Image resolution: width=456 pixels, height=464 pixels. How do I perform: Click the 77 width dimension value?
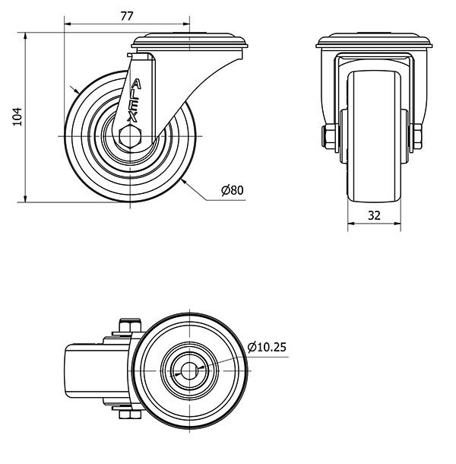pyautogui.click(x=127, y=16)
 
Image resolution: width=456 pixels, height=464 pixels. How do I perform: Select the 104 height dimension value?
pyautogui.click(x=17, y=116)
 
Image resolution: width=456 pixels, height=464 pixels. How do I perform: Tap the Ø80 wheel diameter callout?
pyautogui.click(x=233, y=190)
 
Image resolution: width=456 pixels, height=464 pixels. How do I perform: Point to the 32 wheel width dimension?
pyautogui.click(x=374, y=215)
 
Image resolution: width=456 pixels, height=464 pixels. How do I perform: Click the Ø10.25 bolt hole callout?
pyautogui.click(x=267, y=347)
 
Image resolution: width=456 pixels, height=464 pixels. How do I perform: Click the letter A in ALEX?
pyautogui.click(x=136, y=84)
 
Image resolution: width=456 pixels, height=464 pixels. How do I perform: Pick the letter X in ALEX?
pyautogui.click(x=132, y=117)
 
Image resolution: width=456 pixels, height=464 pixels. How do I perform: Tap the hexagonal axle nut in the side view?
pyautogui.click(x=130, y=136)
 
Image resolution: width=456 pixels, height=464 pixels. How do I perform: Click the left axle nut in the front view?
pyautogui.click(x=329, y=136)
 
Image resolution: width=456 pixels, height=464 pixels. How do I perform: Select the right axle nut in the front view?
pyautogui.click(x=416, y=136)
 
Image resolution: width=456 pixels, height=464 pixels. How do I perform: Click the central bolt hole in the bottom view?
pyautogui.click(x=189, y=370)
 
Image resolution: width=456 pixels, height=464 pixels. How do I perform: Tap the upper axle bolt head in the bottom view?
pyautogui.click(x=130, y=326)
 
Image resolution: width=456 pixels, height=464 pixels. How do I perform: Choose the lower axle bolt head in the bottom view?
pyautogui.click(x=130, y=415)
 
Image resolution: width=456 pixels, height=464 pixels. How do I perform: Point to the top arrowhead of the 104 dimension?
pyautogui.click(x=25, y=36)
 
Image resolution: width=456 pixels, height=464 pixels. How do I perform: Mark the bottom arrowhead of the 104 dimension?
pyautogui.click(x=25, y=199)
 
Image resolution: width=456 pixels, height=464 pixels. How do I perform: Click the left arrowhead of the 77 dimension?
pyautogui.click(x=68, y=24)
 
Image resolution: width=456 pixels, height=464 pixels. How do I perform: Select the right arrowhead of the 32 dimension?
pyautogui.click(x=397, y=224)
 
